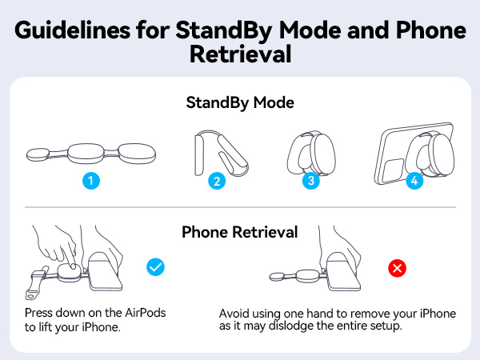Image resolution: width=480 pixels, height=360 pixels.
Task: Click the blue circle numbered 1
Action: pyautogui.click(x=93, y=181)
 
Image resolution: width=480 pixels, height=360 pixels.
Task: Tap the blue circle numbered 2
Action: pyautogui.click(x=216, y=181)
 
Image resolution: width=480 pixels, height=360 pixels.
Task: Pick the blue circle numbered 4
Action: pyautogui.click(x=414, y=181)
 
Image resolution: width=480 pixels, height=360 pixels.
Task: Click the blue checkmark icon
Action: pyautogui.click(x=155, y=267)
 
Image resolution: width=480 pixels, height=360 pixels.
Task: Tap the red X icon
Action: pyautogui.click(x=396, y=267)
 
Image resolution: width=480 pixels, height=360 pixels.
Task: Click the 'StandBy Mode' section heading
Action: pyautogui.click(x=239, y=103)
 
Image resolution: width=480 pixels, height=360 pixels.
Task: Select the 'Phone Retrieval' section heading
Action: pyautogui.click(x=240, y=232)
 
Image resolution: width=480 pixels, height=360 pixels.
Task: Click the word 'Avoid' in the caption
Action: pyautogui.click(x=235, y=313)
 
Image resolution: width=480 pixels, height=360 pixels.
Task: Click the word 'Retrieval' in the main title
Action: pyautogui.click(x=239, y=56)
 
